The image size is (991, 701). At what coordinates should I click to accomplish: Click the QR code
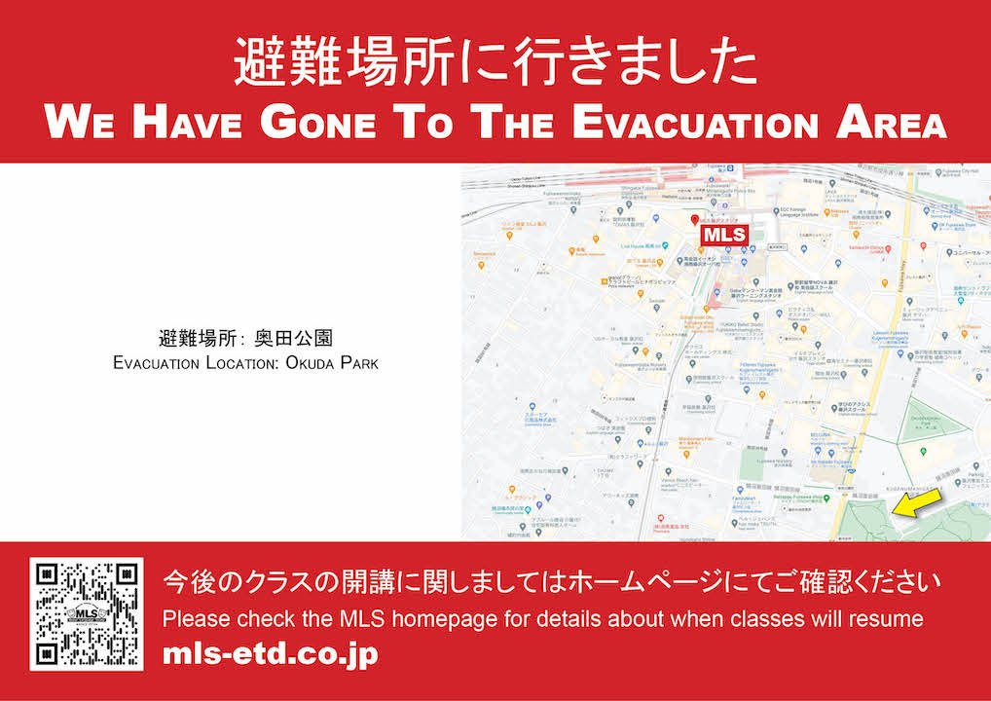tap(86, 614)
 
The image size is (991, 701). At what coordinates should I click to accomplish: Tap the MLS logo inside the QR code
tap(86, 614)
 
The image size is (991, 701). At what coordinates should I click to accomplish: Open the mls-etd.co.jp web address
tap(270, 653)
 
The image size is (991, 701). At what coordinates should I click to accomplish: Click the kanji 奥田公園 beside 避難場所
tap(294, 340)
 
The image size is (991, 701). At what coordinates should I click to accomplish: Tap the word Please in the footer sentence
tap(191, 618)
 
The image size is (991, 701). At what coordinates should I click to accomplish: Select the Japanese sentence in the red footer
tap(552, 584)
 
